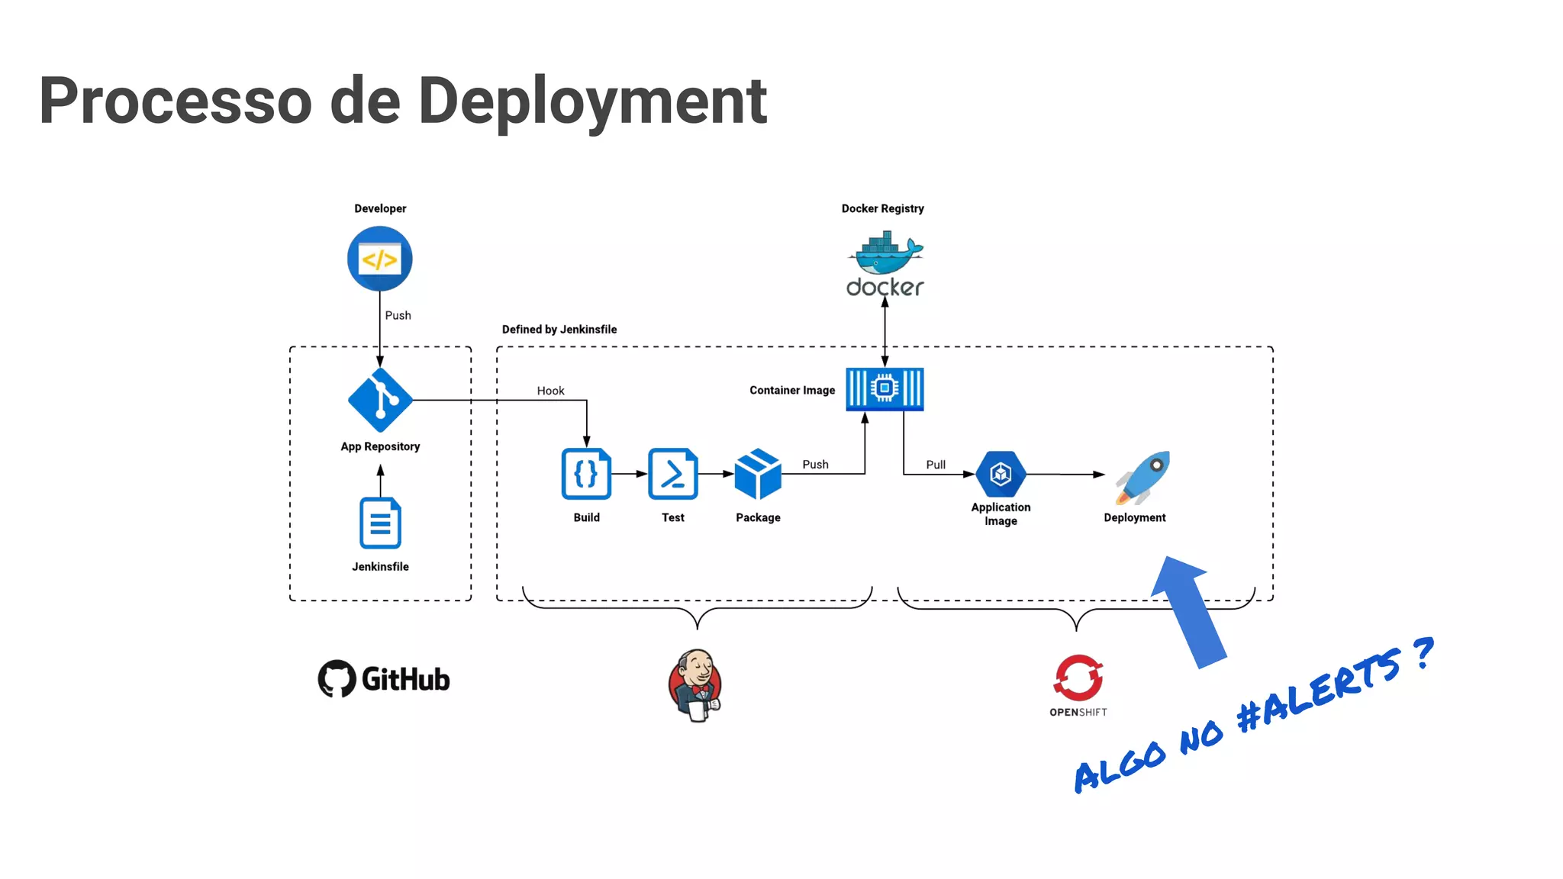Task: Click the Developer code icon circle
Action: click(x=379, y=259)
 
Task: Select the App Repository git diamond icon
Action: click(x=380, y=400)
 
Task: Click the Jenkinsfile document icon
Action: click(x=380, y=523)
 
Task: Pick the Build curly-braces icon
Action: click(x=586, y=474)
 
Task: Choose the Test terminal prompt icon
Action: click(x=672, y=474)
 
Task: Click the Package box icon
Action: click(x=758, y=474)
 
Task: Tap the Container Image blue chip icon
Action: click(x=885, y=389)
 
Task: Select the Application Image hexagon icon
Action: click(x=1001, y=474)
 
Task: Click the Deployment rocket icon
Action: click(x=1143, y=477)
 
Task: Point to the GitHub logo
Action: click(x=384, y=678)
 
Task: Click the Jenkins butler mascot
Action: click(x=695, y=684)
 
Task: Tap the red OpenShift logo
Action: click(x=1078, y=678)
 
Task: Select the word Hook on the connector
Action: click(x=550, y=391)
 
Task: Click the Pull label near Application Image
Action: click(x=936, y=465)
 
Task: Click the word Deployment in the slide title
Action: click(x=592, y=101)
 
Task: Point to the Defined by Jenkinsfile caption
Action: click(x=559, y=330)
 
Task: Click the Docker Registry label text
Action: click(x=882, y=208)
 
